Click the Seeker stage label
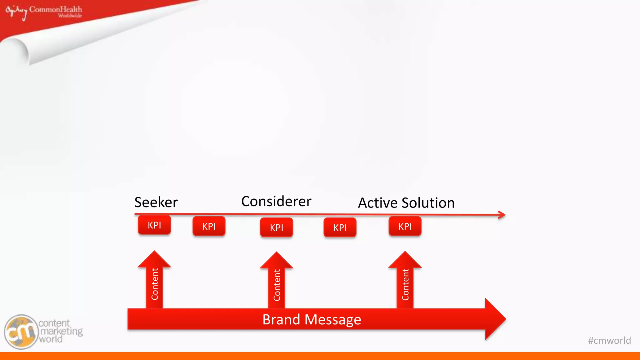point(156,202)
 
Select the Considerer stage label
point(276,202)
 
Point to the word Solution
point(428,203)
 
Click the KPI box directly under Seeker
point(154,225)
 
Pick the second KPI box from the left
point(209,226)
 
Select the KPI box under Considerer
point(277,227)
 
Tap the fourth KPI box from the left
point(340,227)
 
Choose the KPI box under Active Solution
point(405,226)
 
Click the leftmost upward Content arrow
point(154,281)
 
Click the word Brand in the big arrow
point(281,320)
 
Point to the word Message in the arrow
point(332,320)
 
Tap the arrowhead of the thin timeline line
point(502,215)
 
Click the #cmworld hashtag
point(609,340)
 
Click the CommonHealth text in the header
point(56,9)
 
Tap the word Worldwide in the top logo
point(70,16)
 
